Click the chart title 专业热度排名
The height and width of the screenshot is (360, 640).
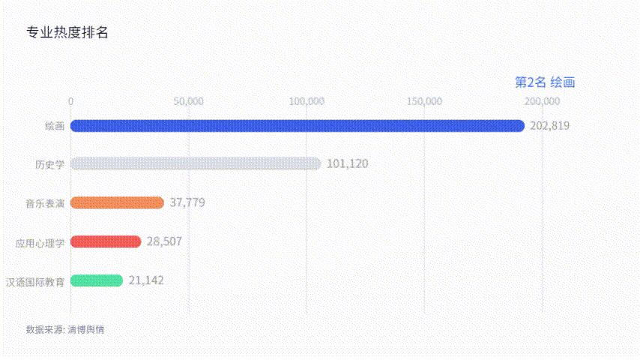(67, 33)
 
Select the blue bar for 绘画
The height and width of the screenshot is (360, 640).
(297, 125)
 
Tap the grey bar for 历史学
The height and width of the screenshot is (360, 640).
(195, 163)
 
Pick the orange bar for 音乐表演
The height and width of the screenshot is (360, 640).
(117, 202)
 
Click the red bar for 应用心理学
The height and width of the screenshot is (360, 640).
(106, 241)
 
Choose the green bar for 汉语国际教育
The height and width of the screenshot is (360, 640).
(97, 280)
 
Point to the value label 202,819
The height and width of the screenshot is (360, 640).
(549, 125)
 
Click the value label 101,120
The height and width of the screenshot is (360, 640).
(347, 163)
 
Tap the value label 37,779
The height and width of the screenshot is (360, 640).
(187, 202)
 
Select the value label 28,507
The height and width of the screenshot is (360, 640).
(164, 241)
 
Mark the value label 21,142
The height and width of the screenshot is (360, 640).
(146, 280)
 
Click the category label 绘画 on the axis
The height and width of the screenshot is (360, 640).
(54, 126)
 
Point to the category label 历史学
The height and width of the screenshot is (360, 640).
(49, 164)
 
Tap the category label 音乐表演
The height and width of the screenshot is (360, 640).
(45, 203)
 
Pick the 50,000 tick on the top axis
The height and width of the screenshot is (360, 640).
(188, 101)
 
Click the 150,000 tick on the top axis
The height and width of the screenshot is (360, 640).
(424, 101)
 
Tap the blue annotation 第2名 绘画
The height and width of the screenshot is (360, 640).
(545, 82)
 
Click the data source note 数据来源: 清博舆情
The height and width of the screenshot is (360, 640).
(65, 329)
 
